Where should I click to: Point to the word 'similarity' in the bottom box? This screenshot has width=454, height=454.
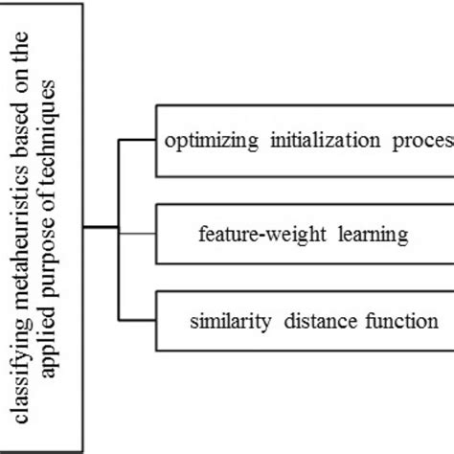(222, 320)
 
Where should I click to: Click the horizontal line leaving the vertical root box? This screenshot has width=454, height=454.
(101, 228)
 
